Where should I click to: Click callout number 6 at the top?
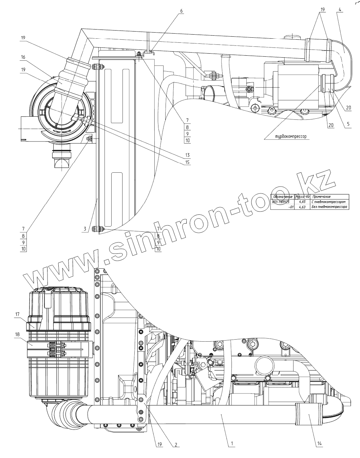pos(181,11)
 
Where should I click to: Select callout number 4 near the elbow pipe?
pos(340,9)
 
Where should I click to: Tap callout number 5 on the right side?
pos(348,125)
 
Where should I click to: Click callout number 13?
pos(187,155)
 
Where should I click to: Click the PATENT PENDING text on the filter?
pos(61,131)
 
